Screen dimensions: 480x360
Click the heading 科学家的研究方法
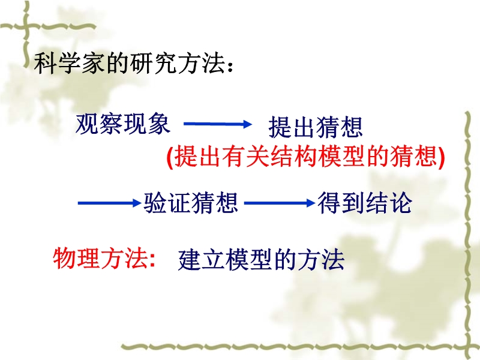tap(129, 64)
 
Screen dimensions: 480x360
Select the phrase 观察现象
tap(123, 124)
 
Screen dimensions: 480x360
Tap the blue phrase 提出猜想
tap(316, 127)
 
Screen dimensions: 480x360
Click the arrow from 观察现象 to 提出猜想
tap(218, 124)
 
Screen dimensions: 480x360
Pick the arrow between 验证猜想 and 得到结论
tap(279, 203)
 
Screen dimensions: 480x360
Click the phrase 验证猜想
tap(191, 203)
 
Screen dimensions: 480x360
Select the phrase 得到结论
tap(365, 203)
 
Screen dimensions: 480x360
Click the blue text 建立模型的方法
tap(261, 260)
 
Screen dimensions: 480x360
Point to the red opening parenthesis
tap(170, 157)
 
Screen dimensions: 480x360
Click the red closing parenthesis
tap(441, 157)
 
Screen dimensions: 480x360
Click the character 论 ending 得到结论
tap(400, 203)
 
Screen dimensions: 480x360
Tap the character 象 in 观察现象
tap(159, 124)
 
